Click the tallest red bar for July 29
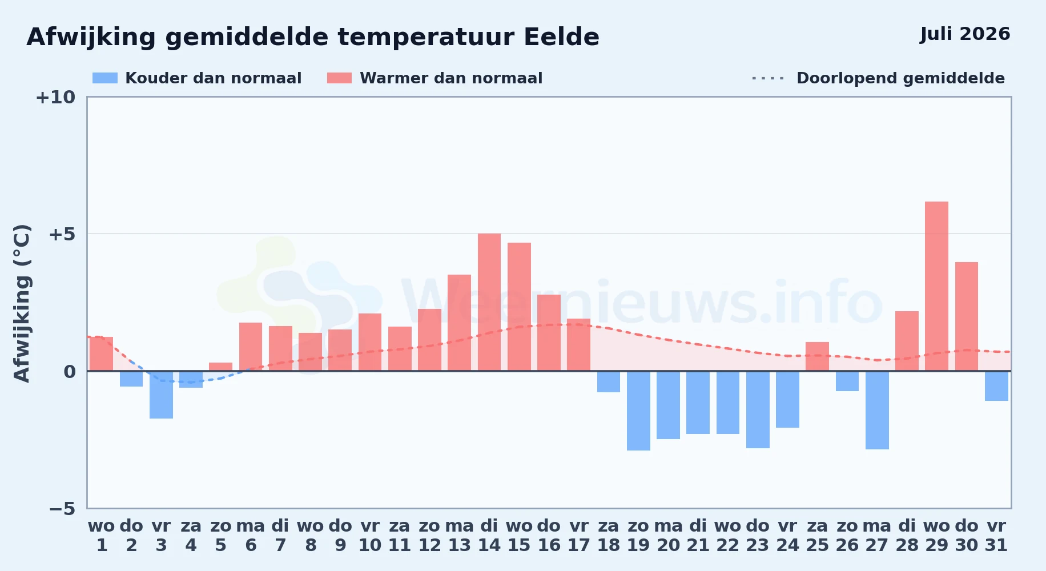pos(936,286)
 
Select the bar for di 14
pos(489,302)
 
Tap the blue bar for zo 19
pos(638,411)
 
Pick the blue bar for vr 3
pos(161,395)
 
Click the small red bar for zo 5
pos(220,367)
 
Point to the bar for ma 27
pos(877,410)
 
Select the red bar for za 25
pos(817,356)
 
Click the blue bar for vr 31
pos(996,386)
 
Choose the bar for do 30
pos(967,316)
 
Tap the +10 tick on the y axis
pos(55,98)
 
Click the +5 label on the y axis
pos(62,234)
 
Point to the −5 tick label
pos(62,509)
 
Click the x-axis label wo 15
pos(519,536)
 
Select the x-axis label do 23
pos(758,536)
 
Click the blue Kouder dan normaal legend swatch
pos(105,78)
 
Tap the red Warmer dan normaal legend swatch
pos(339,78)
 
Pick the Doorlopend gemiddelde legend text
pos(900,78)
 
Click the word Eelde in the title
pos(561,37)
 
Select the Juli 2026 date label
pos(965,34)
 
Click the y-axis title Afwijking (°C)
pos(22,303)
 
